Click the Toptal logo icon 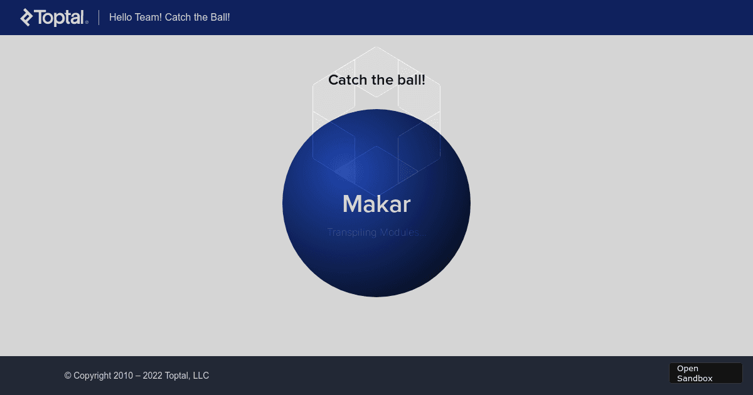click(26, 18)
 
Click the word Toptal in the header click(60, 18)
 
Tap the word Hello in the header click(120, 17)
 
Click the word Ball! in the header click(219, 17)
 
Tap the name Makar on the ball click(376, 204)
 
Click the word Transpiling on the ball click(351, 233)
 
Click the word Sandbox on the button click(695, 378)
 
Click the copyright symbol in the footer click(68, 376)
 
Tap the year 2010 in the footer click(123, 376)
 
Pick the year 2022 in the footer click(152, 376)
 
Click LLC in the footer click(200, 376)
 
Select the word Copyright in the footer click(92, 376)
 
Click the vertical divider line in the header click(99, 18)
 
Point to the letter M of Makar click(353, 204)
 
